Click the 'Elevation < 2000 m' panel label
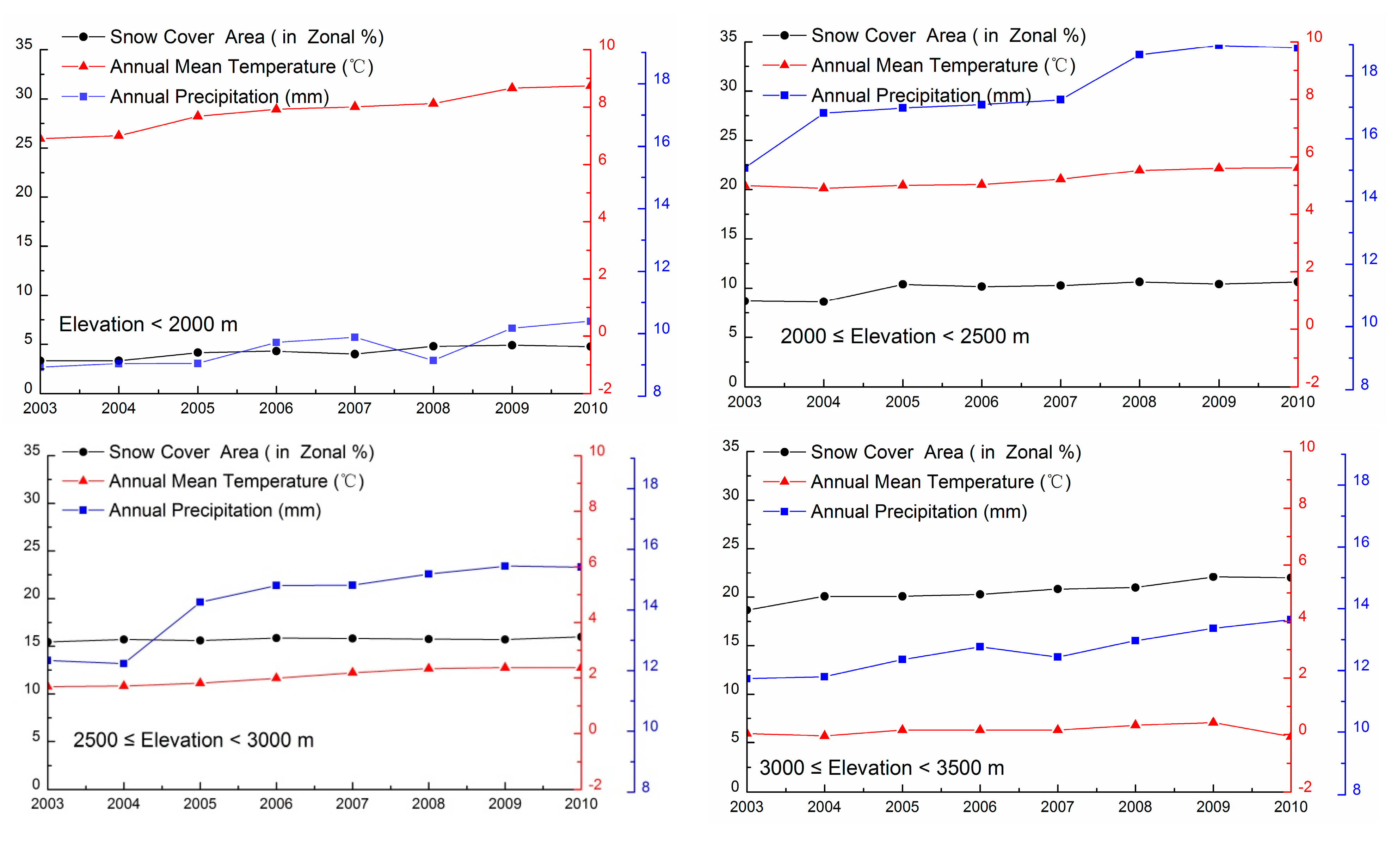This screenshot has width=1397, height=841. pos(148,324)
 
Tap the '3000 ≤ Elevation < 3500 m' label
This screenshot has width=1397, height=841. pos(881,768)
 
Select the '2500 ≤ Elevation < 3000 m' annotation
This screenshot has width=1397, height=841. pos(193,740)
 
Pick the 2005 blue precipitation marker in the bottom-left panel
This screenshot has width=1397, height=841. pos(200,602)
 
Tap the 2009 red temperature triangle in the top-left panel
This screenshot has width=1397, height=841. pos(512,87)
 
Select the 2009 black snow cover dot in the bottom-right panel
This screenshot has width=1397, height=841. pos(1213,577)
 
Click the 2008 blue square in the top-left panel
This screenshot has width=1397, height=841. pos(433,361)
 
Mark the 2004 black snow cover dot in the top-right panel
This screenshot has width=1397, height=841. pos(824,301)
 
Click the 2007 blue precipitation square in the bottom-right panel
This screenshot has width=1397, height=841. pos(1057,657)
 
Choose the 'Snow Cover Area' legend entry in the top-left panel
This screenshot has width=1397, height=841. pos(246,37)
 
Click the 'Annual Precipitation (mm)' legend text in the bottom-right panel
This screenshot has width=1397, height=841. pos(918,512)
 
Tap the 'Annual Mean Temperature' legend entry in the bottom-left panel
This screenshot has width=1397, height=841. pos(236,481)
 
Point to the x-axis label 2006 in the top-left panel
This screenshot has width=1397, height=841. pos(276,408)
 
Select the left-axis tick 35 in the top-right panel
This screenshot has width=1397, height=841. pos(728,36)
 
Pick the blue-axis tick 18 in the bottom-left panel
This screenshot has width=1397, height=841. pos(650,483)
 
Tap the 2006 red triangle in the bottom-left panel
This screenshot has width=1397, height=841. pos(276,678)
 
